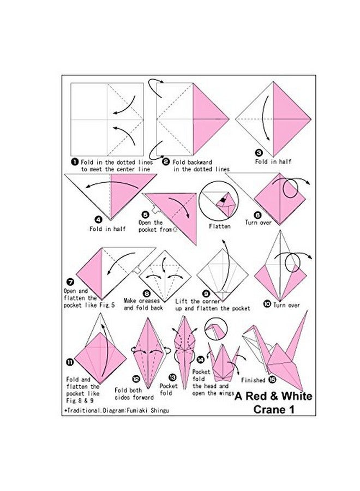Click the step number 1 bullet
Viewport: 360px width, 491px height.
tap(75, 161)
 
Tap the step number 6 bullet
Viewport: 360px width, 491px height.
tap(257, 215)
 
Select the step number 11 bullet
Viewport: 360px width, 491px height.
tap(69, 362)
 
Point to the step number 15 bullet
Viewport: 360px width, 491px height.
tap(272, 380)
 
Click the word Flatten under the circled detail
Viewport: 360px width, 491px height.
tap(220, 226)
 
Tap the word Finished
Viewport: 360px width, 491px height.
tap(253, 380)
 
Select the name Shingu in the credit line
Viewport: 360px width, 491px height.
tap(160, 410)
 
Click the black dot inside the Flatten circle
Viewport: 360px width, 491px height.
tap(223, 200)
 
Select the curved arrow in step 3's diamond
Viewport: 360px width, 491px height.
tap(266, 117)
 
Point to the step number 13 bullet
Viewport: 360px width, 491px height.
tap(172, 378)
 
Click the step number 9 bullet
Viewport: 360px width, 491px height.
tap(206, 294)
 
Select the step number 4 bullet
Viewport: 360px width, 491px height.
tap(99, 220)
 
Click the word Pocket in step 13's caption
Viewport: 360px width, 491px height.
tap(169, 386)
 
